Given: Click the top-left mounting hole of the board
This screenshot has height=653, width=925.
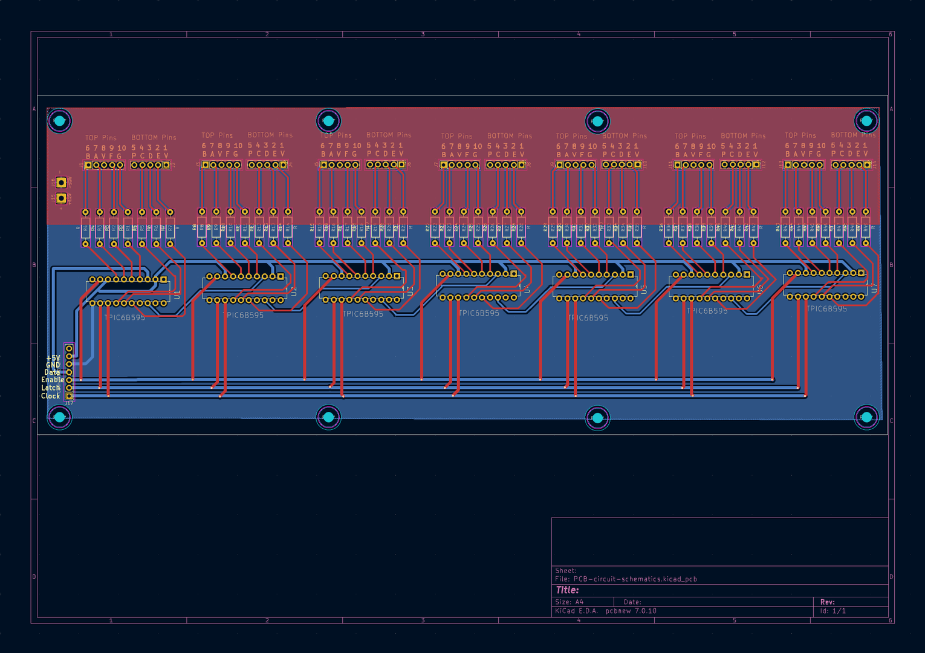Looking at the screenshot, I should pos(59,121).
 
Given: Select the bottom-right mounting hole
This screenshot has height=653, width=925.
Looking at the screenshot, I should pos(866,417).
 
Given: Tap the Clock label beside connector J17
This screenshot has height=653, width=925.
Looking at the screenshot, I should pos(51,396).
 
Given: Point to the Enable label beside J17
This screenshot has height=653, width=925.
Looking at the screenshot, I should pos(53,380).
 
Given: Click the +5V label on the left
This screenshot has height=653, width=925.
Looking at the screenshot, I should pos(53,358).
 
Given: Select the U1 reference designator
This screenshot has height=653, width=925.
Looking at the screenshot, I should pos(177,295).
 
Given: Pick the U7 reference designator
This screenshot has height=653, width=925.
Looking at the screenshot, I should pos(874,288).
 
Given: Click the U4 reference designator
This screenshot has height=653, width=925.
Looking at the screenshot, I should pos(527,289).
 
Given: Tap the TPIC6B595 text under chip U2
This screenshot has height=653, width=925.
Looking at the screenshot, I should pos(245,315).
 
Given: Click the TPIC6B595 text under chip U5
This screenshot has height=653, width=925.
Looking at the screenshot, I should pos(588,317).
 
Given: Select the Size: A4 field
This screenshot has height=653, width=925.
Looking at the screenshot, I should pos(569,602).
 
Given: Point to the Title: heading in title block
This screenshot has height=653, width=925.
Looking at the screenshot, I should pos(567,590).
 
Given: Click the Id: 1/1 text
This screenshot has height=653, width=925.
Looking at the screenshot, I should pos(832,611).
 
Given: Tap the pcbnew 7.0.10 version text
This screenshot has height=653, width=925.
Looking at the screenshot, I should pos(631,611).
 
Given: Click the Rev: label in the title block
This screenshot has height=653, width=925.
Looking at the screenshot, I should pos(827,602).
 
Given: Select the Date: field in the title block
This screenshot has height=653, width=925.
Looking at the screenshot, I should pos(632,602).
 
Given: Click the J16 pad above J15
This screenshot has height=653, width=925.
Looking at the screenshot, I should pos(61,182).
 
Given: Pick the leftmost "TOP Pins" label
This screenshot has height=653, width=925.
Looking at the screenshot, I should pos(101,138).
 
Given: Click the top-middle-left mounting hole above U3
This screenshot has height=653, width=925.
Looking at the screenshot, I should pos(328,121).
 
